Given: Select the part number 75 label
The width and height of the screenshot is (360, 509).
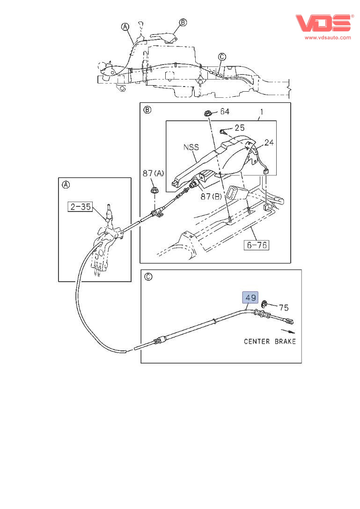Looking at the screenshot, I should [x=284, y=307].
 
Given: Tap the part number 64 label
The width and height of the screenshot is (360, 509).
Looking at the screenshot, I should [x=225, y=112].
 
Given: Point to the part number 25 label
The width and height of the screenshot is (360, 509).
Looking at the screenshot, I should [x=240, y=128].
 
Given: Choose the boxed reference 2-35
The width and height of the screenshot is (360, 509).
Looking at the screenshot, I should [x=80, y=206].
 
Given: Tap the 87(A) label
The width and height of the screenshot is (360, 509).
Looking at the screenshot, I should [x=154, y=174].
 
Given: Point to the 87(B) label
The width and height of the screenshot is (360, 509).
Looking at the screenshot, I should [x=211, y=196].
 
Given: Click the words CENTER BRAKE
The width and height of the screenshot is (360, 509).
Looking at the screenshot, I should [x=270, y=342].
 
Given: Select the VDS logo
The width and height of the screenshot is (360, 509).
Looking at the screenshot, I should [x=323, y=23].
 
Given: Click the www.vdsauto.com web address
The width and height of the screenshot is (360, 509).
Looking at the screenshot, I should [x=327, y=37].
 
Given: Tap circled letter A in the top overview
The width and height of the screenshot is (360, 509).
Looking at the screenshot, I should [x=125, y=27].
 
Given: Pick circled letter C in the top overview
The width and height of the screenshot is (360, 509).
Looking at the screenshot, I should [x=221, y=57].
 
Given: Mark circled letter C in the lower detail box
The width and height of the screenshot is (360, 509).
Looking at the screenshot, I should [x=148, y=276].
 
